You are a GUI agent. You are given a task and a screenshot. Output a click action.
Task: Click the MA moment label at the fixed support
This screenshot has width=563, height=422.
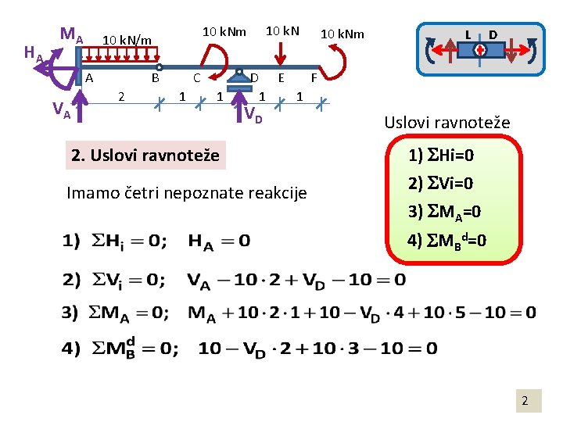(71, 35)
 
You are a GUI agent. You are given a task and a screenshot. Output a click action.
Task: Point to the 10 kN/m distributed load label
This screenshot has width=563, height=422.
(127, 40)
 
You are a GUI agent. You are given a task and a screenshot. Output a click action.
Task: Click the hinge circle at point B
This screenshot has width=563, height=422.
(159, 68)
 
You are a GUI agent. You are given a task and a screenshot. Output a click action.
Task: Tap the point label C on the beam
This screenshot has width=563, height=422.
(197, 78)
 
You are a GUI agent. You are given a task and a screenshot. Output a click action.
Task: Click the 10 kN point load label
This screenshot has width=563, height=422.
(282, 31)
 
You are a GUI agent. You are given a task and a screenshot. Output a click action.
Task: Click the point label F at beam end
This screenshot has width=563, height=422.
(314, 78)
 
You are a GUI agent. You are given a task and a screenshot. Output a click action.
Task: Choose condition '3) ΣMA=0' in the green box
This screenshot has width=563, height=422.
(444, 211)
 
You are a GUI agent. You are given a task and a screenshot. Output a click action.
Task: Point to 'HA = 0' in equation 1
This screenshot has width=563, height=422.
(219, 241)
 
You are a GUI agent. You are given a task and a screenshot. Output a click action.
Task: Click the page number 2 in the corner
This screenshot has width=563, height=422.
(525, 402)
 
